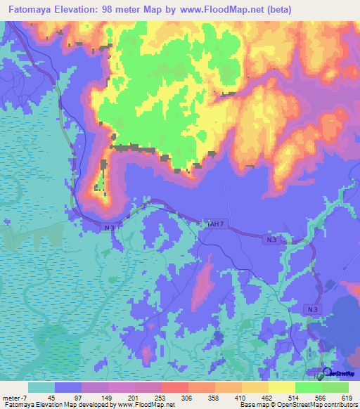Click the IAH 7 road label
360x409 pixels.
click(216, 223)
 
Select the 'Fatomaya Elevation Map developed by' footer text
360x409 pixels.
click(58, 404)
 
